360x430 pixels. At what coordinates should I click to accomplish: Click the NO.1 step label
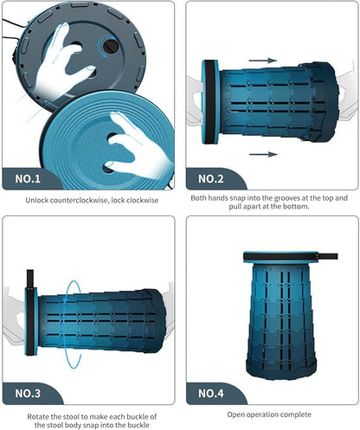(x=28, y=179)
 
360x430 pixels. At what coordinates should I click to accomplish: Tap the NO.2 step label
(x=211, y=179)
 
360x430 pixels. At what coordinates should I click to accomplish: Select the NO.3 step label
(x=28, y=394)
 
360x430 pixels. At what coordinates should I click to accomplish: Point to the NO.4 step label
(x=211, y=394)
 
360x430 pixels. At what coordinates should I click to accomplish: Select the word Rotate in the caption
(x=38, y=417)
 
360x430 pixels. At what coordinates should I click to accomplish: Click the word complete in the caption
(x=296, y=414)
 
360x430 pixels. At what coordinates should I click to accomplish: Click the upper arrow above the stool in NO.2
(x=263, y=61)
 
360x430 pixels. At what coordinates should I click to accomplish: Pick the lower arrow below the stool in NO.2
(x=263, y=155)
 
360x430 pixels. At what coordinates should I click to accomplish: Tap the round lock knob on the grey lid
(x=110, y=46)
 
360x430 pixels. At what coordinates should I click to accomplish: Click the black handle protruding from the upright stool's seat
(x=327, y=256)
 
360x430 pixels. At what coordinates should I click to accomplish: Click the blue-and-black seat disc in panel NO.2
(x=210, y=102)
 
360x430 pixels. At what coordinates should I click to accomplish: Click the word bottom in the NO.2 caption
(x=297, y=207)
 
